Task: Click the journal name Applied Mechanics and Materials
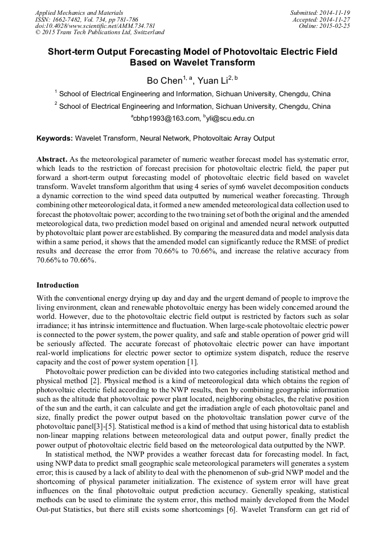point(79,12)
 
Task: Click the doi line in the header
point(95,26)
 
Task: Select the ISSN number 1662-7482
point(67,19)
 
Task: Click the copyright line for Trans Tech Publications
point(100,32)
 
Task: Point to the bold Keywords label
point(55,138)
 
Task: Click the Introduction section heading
point(58,285)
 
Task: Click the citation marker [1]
point(193,363)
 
